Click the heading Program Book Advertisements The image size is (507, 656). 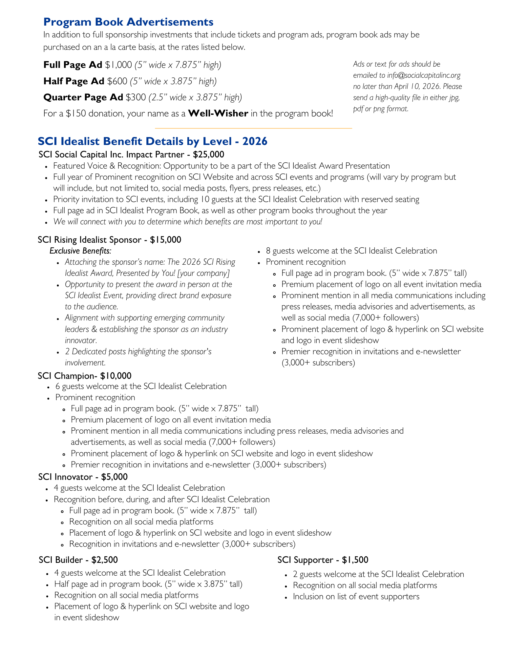pyautogui.click(x=128, y=22)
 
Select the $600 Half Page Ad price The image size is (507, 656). pyautogui.click(x=117, y=81)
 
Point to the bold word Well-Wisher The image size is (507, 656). pyautogui.click(x=218, y=113)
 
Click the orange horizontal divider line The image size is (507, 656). pyautogui.click(x=253, y=128)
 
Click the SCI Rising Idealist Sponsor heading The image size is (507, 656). pyautogui.click(x=109, y=239)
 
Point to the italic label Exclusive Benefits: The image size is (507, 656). pyautogui.click(x=80, y=251)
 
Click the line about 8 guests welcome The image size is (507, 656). pyautogui.click(x=351, y=251)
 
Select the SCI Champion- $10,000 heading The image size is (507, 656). pyautogui.click(x=85, y=376)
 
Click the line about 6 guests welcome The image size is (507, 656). pyautogui.click(x=141, y=386)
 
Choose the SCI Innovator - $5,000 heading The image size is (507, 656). pyautogui.click(x=83, y=477)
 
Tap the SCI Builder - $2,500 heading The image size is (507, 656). pyautogui.click(x=78, y=560)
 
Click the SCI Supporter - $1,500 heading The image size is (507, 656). pyautogui.click(x=323, y=560)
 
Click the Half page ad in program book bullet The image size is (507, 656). pyautogui.click(x=148, y=584)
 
